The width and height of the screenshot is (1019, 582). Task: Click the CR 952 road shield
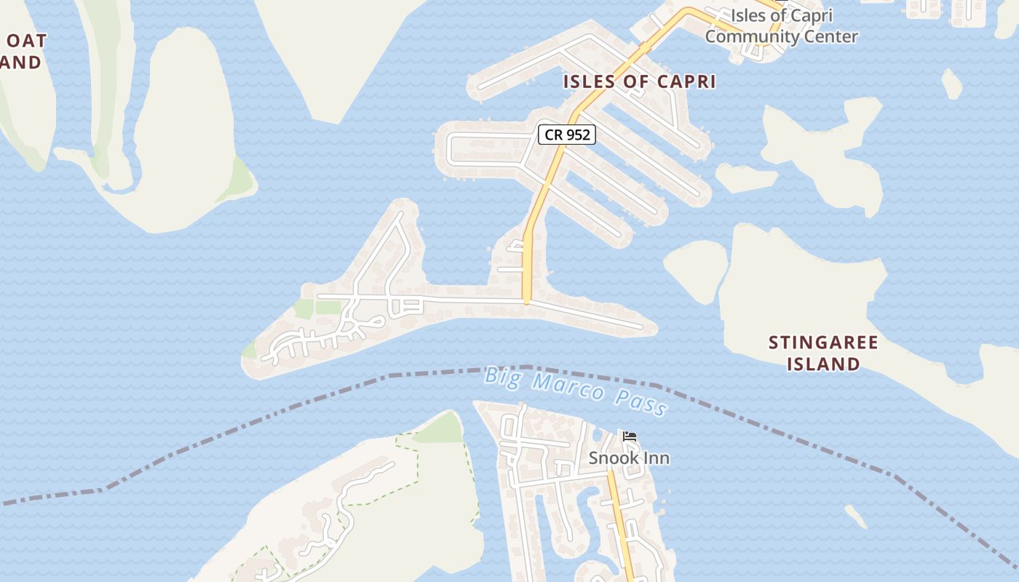[567, 135]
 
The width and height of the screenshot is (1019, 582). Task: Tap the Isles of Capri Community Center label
[782, 25]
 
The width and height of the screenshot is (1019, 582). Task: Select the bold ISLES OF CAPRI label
[639, 81]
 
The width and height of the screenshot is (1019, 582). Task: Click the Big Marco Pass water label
[575, 391]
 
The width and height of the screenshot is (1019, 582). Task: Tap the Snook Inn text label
[629, 458]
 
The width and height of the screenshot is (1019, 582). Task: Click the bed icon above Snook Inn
[630, 436]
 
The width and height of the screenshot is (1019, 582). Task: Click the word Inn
[654, 458]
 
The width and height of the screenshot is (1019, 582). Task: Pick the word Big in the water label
[501, 375]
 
